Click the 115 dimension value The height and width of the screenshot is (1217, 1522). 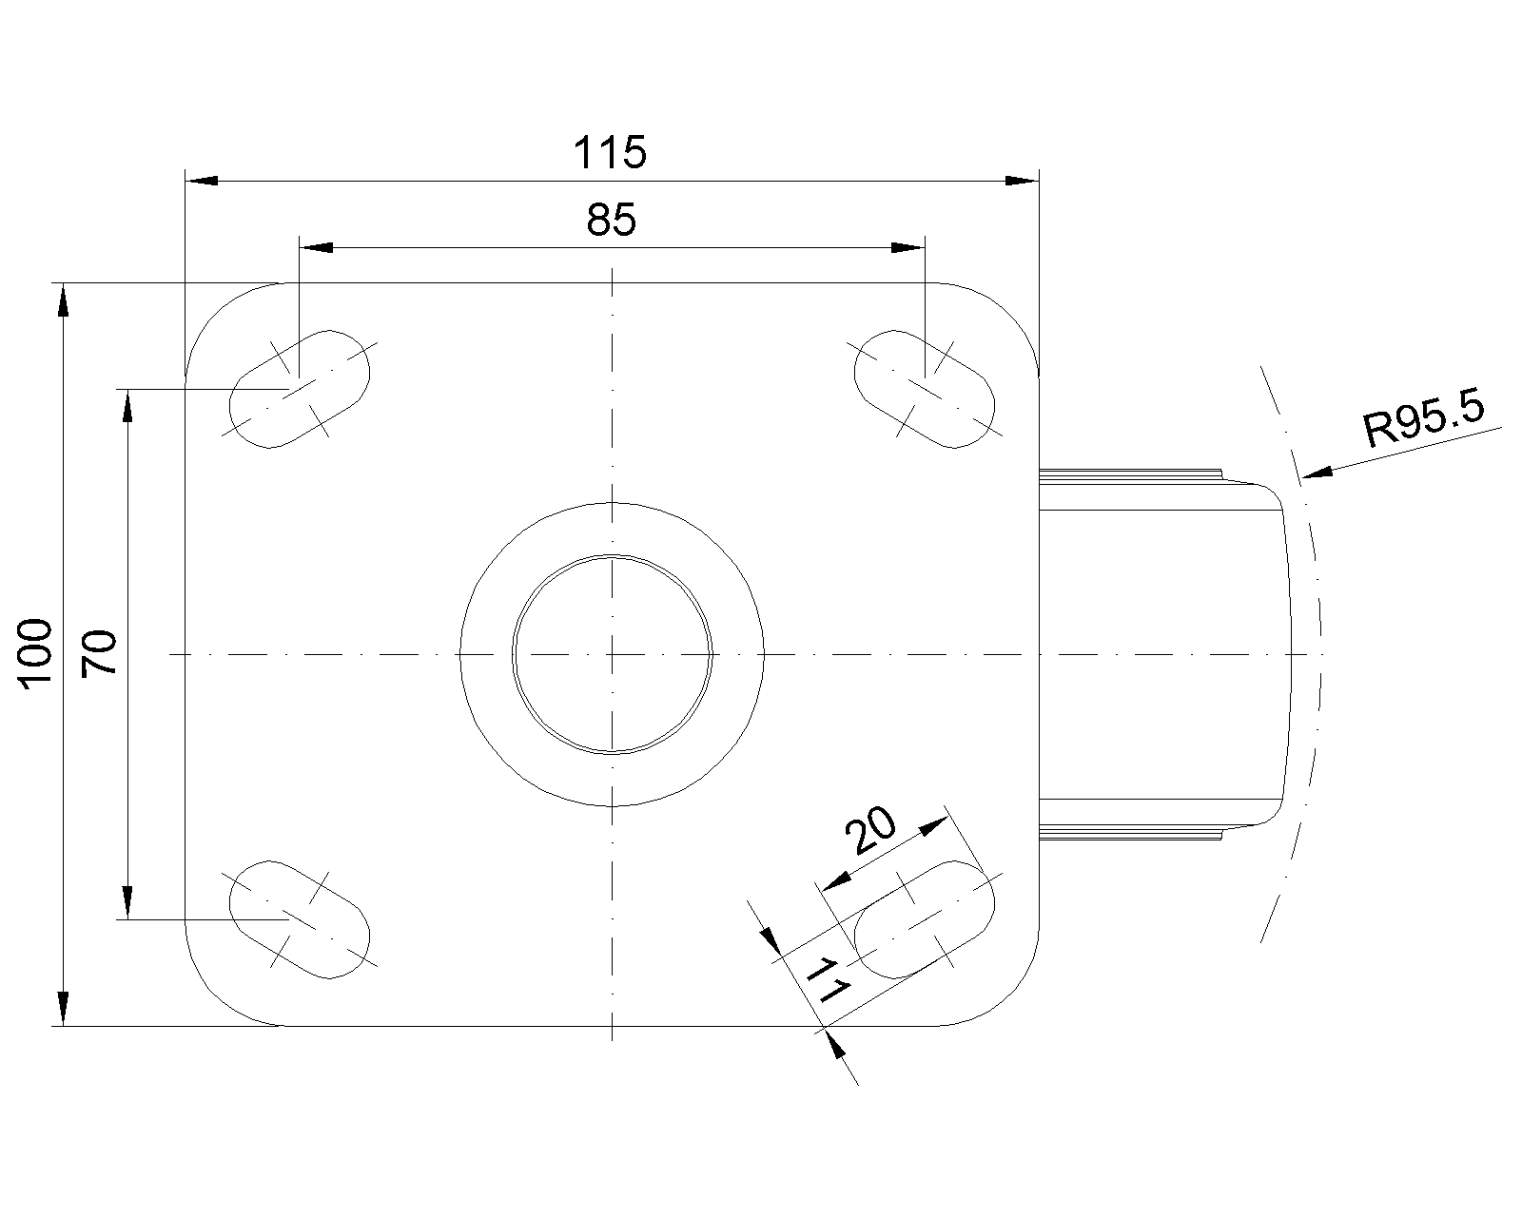point(610,153)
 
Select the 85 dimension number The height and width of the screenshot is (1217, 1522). point(611,220)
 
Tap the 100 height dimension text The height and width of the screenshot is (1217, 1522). point(35,654)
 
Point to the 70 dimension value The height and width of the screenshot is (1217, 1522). point(99,653)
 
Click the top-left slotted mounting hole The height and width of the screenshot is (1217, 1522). point(299,389)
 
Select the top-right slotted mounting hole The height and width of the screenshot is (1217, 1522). point(925,389)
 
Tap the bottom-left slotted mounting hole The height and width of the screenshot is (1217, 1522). point(299,919)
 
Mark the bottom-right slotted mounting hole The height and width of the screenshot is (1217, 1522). point(925,919)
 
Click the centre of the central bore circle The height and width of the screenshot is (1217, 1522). point(612,655)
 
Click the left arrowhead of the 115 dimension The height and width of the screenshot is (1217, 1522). point(202,181)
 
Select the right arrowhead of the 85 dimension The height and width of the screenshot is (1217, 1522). point(908,247)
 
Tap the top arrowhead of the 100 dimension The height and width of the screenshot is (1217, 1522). point(63,299)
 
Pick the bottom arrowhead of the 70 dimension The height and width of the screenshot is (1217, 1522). point(127,903)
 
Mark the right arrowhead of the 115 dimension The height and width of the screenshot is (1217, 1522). point(1022,181)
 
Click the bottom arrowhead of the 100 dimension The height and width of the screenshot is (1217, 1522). point(63,1009)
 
